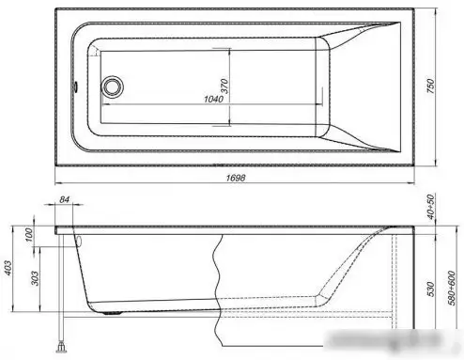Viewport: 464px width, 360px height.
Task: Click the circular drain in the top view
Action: pyautogui.click(x=115, y=87)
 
